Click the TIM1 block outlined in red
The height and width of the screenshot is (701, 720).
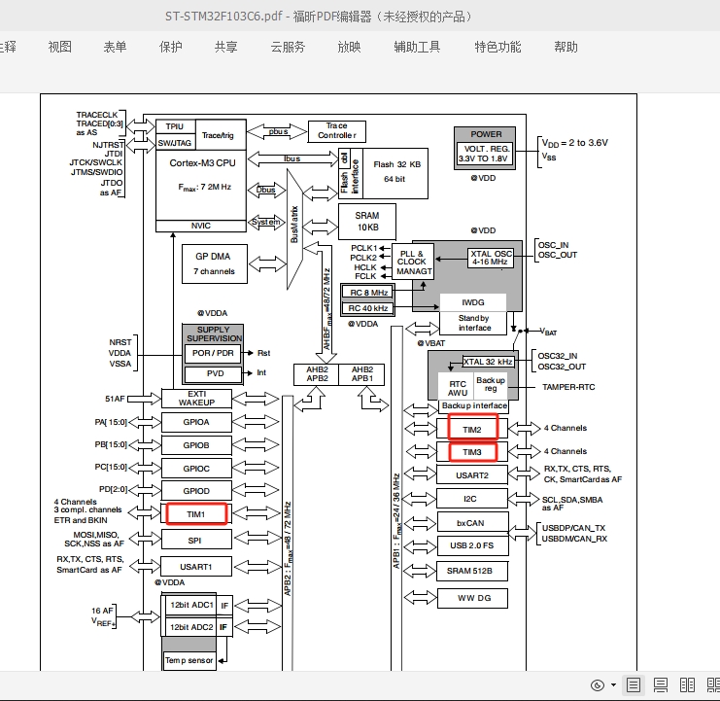point(196,514)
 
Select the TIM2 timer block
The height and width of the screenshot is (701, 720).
point(472,427)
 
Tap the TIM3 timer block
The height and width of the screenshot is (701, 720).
point(472,451)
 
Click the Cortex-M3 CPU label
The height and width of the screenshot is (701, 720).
point(202,163)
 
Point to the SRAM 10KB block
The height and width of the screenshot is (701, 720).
point(367,222)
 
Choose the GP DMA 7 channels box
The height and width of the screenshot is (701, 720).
point(215,263)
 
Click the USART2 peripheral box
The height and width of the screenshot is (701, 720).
point(472,475)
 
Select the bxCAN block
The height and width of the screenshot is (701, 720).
point(472,523)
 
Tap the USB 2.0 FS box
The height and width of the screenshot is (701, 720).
point(472,545)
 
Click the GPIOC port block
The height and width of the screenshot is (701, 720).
point(196,469)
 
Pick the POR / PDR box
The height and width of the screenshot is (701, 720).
point(213,353)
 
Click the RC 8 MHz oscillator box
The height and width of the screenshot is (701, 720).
point(368,293)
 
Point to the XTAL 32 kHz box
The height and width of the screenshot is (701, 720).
point(488,362)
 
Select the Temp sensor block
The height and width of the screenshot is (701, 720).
point(189,660)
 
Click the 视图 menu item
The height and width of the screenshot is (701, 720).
point(59,47)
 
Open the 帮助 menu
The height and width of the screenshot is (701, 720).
point(566,47)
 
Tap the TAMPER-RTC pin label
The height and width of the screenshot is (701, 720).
point(568,387)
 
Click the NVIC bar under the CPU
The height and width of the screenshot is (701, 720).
point(201,226)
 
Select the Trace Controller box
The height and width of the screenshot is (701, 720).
point(337,131)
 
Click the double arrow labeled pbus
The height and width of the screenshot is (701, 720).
point(277,132)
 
